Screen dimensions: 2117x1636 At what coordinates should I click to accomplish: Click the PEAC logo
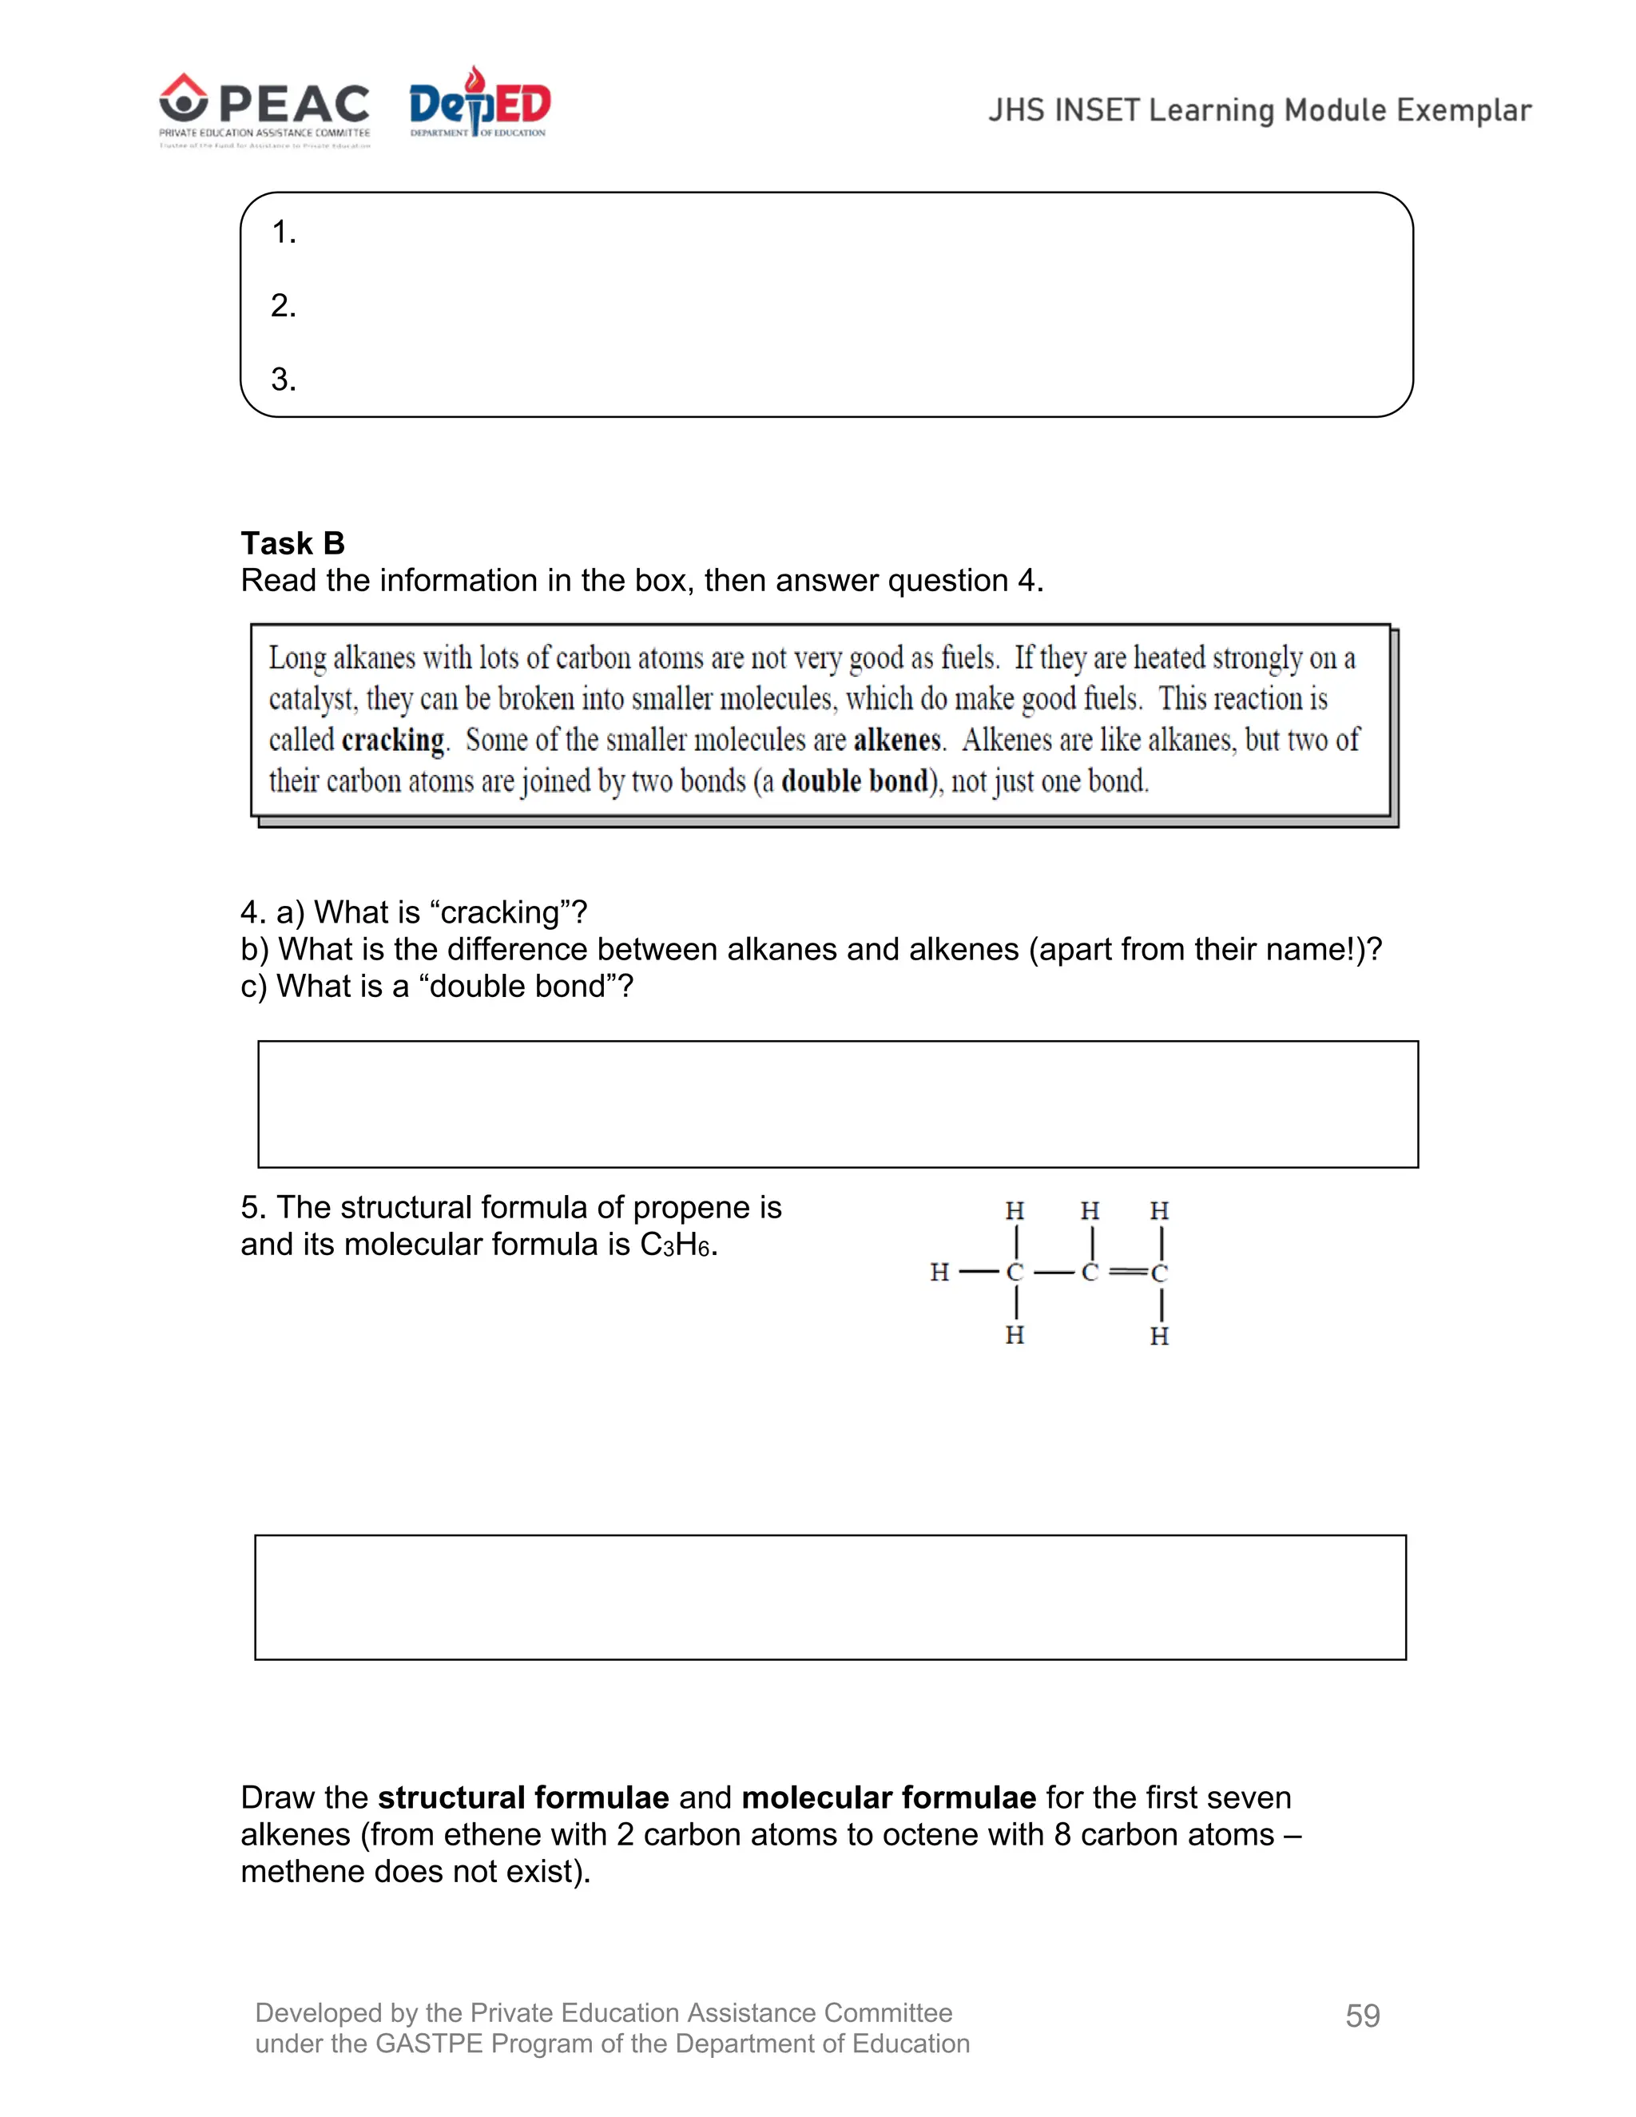(264, 109)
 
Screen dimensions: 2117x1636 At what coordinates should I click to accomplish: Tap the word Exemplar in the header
(1463, 110)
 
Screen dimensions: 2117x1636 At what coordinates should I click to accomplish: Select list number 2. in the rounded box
(283, 306)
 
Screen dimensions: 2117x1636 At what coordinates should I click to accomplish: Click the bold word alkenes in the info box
(897, 741)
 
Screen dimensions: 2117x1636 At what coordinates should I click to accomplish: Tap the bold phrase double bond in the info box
(855, 781)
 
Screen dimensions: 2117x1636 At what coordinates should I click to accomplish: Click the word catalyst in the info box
(312, 700)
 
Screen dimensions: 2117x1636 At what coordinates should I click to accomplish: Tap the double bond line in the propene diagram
(1127, 1272)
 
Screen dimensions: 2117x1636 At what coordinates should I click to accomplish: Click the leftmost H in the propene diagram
(939, 1272)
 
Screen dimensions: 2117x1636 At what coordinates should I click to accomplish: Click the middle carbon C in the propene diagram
(1090, 1272)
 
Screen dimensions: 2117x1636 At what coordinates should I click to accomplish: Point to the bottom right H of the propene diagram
(1159, 1337)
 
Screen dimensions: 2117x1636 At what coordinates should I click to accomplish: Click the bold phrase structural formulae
(523, 1798)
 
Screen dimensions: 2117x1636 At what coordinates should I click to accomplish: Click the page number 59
(1363, 2016)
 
